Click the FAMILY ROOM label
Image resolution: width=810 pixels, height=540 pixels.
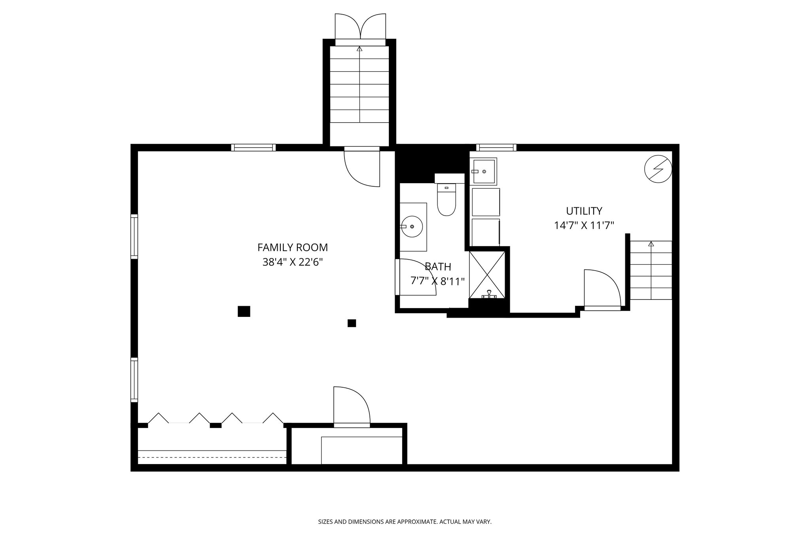coord(292,248)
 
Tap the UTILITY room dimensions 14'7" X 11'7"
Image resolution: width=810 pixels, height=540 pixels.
coord(584,225)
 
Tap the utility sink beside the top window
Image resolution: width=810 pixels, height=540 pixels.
coord(484,172)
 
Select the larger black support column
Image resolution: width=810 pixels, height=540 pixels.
coord(244,311)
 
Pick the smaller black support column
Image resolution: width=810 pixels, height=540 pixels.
coord(352,323)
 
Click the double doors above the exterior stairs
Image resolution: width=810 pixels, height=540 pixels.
coord(360,27)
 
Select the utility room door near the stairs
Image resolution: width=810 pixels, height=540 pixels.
coord(602,289)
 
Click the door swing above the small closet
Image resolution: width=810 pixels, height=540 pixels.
coord(351,405)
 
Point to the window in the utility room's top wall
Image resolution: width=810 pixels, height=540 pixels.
coord(496,148)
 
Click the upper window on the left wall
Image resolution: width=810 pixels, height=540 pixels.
coord(134,237)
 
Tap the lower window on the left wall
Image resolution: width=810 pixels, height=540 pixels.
coord(134,380)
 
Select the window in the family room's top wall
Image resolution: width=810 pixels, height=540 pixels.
coord(253,148)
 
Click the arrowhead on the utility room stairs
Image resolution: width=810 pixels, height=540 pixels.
coord(651,244)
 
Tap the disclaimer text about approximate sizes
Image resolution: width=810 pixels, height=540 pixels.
coord(405,522)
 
